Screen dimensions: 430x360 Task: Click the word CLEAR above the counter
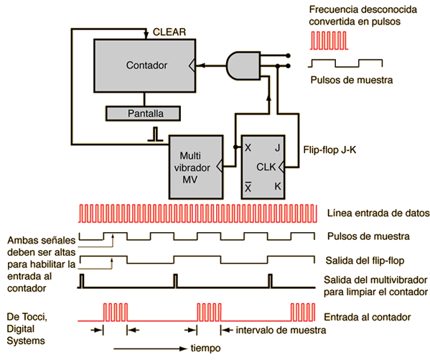169,32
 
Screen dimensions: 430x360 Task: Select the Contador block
145,65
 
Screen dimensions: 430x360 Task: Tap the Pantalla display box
143,114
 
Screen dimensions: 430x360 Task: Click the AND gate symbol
243,65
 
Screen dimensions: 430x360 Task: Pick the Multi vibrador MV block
196,167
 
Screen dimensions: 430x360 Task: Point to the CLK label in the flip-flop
266,167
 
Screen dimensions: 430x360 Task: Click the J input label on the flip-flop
278,148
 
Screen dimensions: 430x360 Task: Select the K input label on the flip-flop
278,186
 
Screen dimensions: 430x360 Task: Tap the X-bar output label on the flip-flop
248,187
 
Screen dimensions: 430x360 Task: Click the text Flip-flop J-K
329,150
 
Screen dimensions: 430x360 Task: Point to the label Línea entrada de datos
378,213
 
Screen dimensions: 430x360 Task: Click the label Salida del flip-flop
365,260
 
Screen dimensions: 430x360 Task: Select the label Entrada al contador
368,317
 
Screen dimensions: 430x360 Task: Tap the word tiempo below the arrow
206,349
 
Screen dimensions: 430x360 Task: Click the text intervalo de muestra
281,330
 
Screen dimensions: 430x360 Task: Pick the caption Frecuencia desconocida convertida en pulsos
363,15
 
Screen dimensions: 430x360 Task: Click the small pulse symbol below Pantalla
156,134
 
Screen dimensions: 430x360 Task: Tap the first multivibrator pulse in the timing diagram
82,281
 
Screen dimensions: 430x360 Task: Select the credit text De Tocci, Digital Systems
27,328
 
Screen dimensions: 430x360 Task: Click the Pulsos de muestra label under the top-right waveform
352,80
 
